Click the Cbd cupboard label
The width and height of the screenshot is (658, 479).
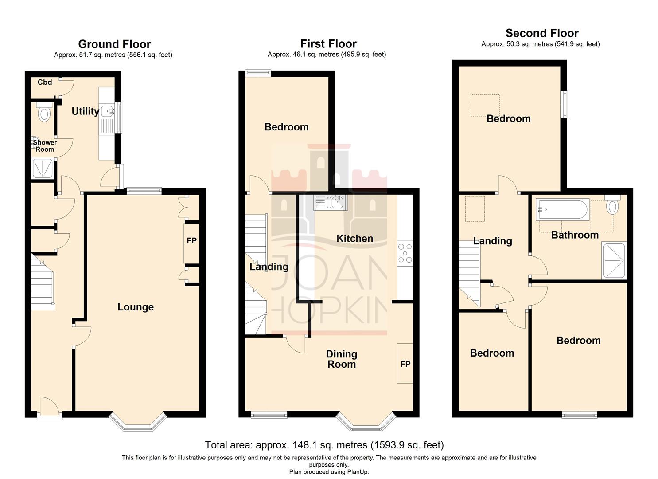point(45,82)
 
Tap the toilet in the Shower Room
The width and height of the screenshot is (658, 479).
point(44,113)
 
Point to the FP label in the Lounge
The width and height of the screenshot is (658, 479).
point(191,241)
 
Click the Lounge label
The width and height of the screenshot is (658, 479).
point(135,307)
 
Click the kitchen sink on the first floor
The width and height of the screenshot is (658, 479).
point(331,203)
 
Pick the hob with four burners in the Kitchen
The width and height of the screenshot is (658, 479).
point(405,254)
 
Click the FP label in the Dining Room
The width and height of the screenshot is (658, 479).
point(405,364)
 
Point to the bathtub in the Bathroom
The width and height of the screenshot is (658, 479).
point(562,209)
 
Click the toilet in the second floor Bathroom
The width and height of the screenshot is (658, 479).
point(613,205)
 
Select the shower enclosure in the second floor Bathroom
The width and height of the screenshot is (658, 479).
point(614,260)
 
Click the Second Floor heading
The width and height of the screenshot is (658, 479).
point(541,33)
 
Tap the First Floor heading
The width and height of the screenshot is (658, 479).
point(328,44)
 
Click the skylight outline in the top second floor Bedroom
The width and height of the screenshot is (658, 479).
point(485,105)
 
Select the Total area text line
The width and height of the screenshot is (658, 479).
point(324,445)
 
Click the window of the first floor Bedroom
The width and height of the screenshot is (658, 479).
point(259,74)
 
